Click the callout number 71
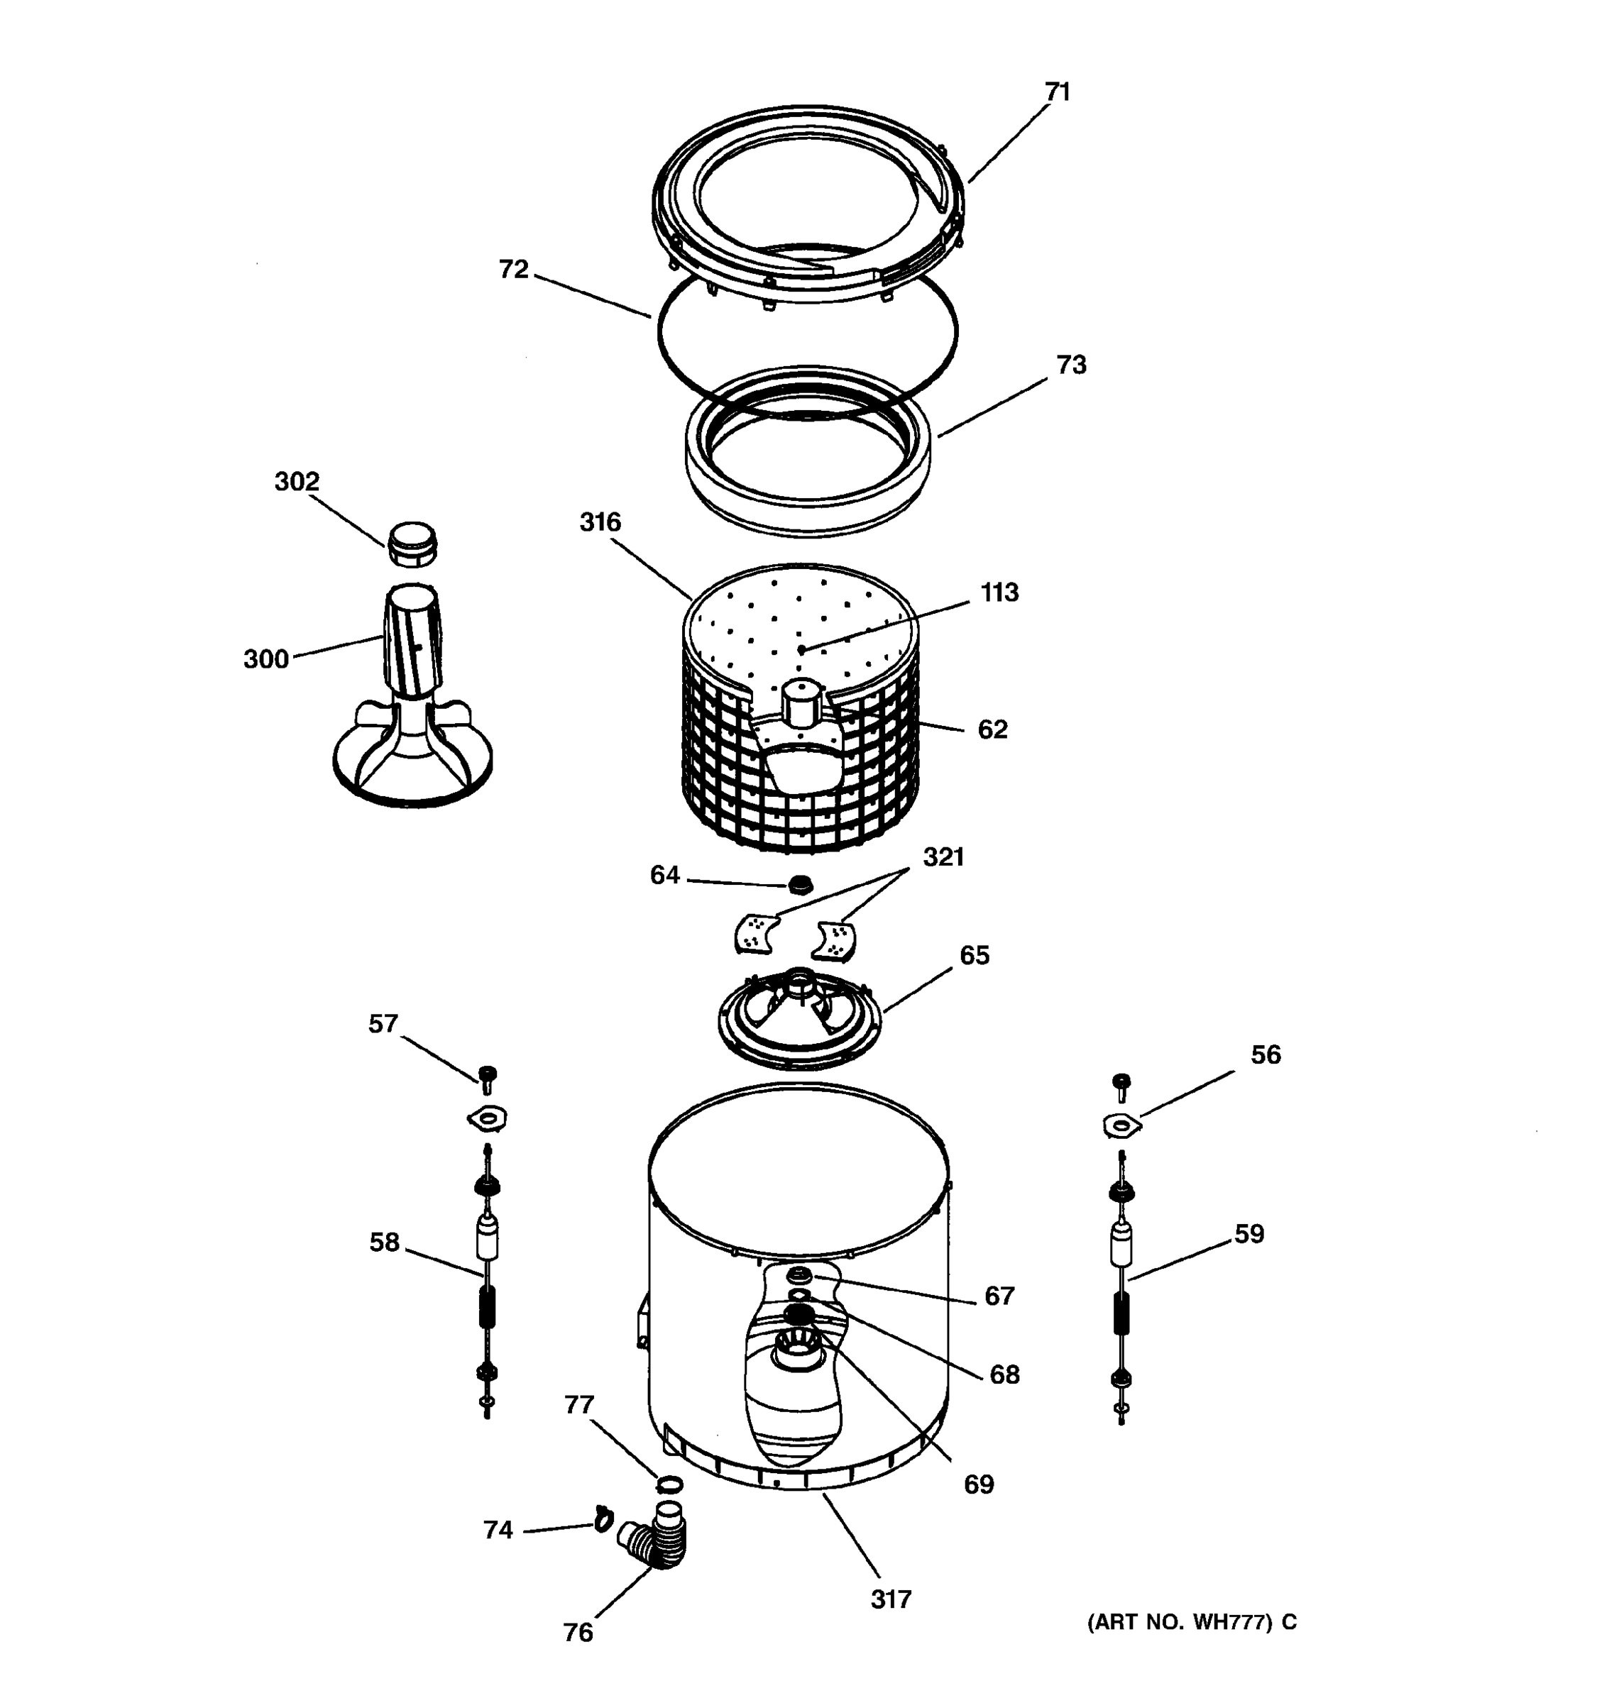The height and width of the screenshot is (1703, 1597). tap(1058, 92)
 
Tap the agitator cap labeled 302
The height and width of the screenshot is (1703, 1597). tap(413, 545)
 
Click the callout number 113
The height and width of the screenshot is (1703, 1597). tap(999, 592)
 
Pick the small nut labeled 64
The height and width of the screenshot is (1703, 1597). tap(799, 883)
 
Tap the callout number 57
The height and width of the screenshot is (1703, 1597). tap(383, 1024)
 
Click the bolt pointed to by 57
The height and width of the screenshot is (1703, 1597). tap(488, 1077)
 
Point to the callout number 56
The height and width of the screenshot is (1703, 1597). tap(1266, 1054)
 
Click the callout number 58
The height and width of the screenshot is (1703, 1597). tap(384, 1242)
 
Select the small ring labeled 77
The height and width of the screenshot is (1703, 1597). tap(670, 1484)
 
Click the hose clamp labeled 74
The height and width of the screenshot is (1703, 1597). tap(603, 1519)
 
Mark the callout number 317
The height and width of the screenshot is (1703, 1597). tap(891, 1599)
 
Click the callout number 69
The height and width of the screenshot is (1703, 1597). tap(978, 1484)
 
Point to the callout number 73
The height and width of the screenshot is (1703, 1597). tap(1071, 365)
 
